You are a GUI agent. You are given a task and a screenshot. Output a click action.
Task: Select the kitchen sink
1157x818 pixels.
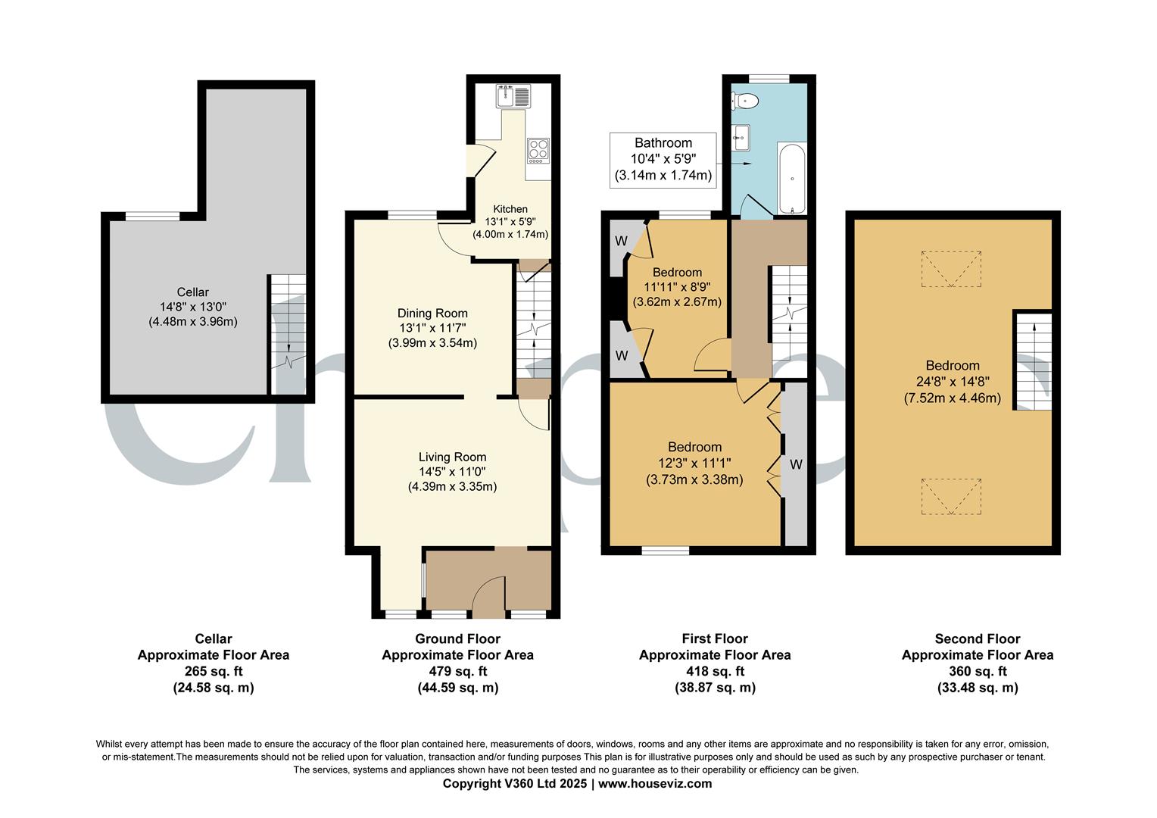(514, 96)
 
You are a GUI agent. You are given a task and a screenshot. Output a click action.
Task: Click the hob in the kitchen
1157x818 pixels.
(538, 150)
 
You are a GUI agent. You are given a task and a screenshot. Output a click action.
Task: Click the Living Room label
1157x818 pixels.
(452, 457)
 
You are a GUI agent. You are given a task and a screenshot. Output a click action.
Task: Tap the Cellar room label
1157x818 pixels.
(193, 292)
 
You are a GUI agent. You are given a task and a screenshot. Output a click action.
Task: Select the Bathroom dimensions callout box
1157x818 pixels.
(663, 160)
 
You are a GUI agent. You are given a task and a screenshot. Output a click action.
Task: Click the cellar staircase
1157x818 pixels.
(288, 333)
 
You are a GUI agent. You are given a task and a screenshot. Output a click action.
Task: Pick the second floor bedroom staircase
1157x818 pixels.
(1033, 362)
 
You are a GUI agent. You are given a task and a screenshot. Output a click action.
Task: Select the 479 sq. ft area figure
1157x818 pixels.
(457, 672)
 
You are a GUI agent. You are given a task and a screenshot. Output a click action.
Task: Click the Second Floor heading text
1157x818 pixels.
(977, 639)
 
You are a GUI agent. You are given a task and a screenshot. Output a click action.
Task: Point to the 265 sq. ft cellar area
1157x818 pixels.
(213, 672)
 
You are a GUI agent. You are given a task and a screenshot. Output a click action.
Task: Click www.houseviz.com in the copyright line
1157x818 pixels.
(655, 784)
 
